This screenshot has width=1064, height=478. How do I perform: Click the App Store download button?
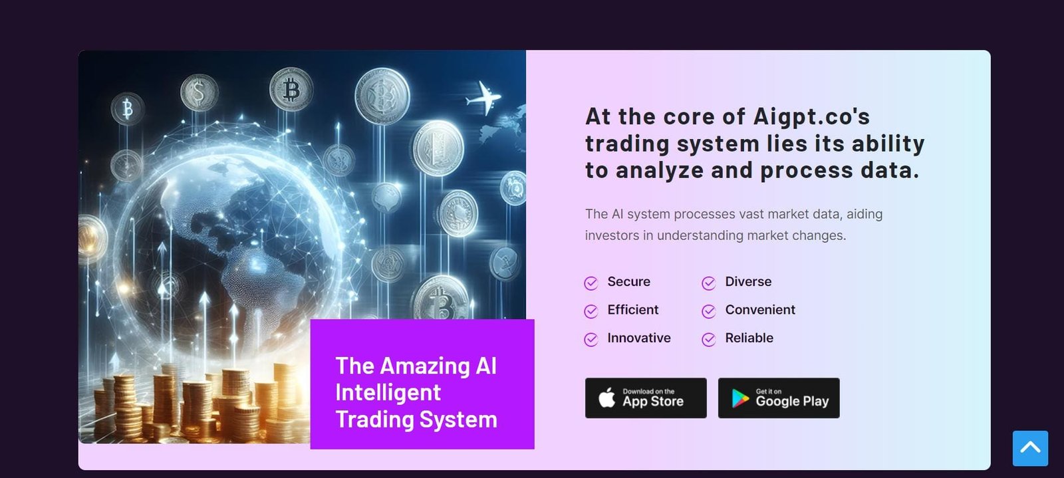click(646, 398)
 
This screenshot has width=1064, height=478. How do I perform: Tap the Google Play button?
click(779, 398)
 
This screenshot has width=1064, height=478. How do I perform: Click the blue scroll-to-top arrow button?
click(1030, 448)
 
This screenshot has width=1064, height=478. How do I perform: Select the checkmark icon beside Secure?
click(591, 283)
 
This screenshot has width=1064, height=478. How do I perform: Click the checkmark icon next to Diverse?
click(709, 283)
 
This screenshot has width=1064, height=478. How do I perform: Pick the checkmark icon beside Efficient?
click(591, 311)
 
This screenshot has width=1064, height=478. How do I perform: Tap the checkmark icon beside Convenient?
click(709, 311)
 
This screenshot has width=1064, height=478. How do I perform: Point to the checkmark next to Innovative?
click(591, 340)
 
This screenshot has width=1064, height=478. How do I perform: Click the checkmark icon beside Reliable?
click(709, 340)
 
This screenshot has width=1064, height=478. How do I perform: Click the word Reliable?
click(749, 338)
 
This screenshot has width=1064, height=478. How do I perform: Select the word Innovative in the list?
click(639, 338)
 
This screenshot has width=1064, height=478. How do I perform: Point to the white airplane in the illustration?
click(483, 98)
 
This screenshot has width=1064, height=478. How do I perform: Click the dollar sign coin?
click(199, 92)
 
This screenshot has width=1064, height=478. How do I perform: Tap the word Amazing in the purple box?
click(425, 366)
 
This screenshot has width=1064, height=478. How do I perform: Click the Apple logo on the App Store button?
click(607, 398)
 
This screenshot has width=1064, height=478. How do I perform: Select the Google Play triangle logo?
click(740, 398)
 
